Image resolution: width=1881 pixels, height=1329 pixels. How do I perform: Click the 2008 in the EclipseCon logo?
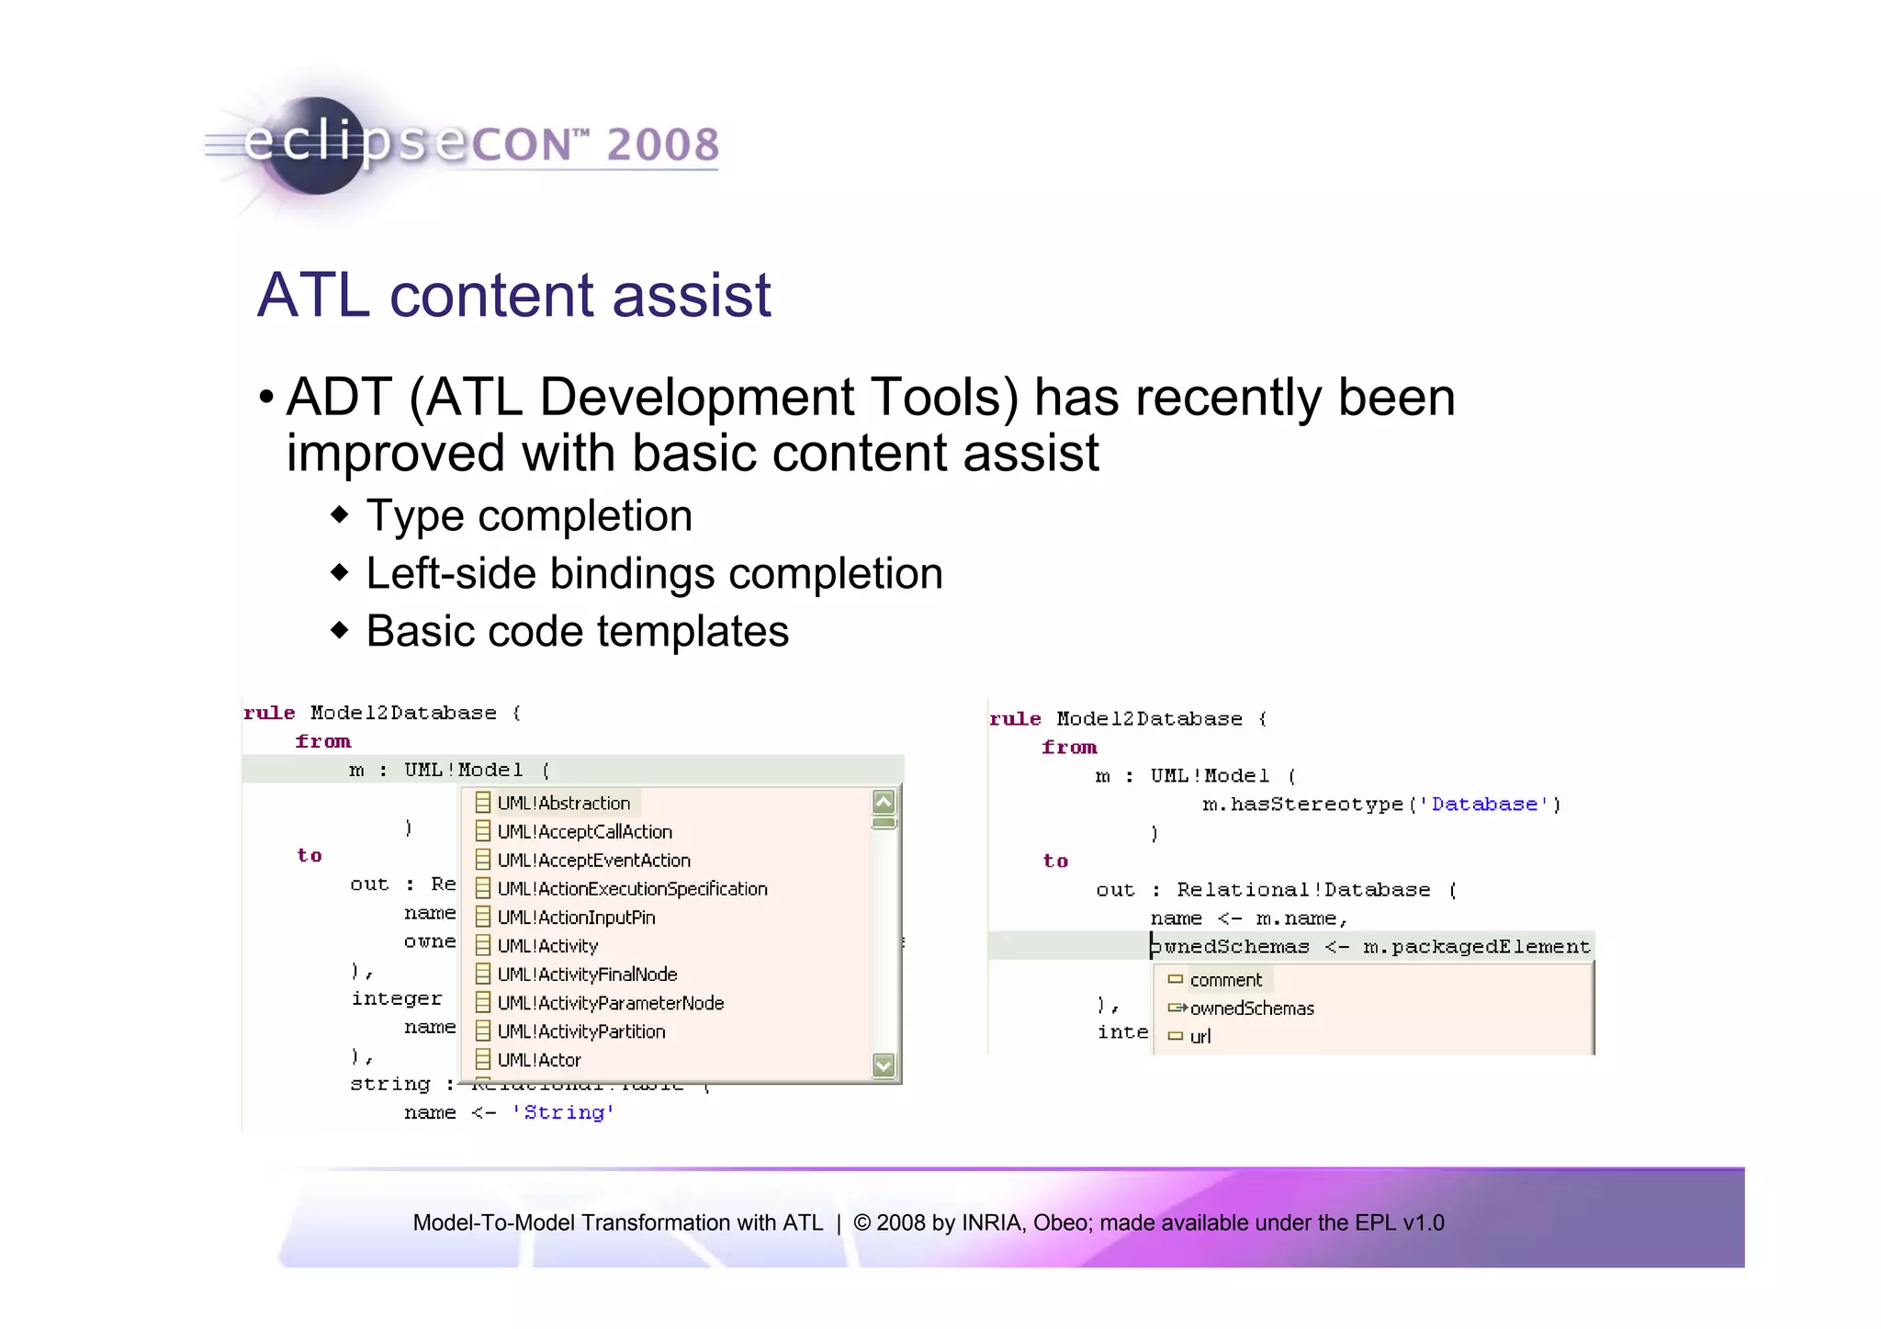coord(661,145)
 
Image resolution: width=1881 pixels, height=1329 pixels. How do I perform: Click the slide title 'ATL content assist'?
coord(513,295)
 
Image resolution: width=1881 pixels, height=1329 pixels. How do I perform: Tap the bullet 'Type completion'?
coord(528,515)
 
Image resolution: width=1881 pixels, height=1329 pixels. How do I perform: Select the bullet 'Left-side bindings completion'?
coord(653,573)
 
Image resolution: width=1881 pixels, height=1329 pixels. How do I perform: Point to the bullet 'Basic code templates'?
coord(577,631)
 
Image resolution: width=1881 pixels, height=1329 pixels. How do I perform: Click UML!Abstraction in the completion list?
coord(562,803)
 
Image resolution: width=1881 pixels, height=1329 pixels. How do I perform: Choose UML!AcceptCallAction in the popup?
coord(584,831)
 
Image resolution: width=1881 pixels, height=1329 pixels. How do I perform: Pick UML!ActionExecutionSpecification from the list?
coord(632,888)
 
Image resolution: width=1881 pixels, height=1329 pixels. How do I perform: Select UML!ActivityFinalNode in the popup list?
coord(587,974)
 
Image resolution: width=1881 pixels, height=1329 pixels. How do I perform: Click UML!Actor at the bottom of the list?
coord(538,1060)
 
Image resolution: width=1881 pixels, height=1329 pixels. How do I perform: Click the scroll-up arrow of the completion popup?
coord(884,802)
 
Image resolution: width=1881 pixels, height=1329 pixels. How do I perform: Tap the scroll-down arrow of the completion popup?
coord(884,1064)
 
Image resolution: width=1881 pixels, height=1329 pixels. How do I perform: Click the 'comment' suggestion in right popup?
coord(1225,980)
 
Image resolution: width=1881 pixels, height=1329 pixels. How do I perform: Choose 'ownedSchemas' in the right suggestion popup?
coord(1251,1008)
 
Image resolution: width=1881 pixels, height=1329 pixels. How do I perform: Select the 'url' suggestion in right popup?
coord(1200,1036)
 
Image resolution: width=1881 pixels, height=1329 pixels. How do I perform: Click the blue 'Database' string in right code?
coord(1483,805)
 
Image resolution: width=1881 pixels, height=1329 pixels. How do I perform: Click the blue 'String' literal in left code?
coord(563,1112)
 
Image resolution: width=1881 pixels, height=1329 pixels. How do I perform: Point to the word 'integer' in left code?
coord(396,998)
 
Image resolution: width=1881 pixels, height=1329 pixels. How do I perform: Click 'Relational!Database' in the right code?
coord(1302,890)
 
